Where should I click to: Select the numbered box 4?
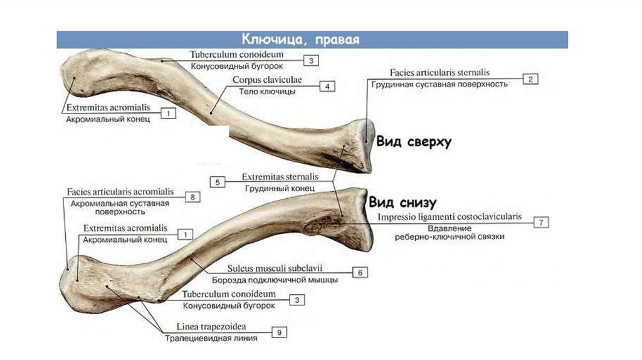(x=327, y=87)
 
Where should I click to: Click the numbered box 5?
(x=217, y=182)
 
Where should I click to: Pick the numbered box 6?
(x=360, y=272)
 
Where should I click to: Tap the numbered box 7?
(x=541, y=221)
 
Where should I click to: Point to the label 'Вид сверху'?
(x=414, y=142)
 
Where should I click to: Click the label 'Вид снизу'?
(x=402, y=202)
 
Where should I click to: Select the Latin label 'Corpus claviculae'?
(x=267, y=80)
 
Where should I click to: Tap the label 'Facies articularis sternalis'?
(x=439, y=73)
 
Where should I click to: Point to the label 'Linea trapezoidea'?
(x=211, y=327)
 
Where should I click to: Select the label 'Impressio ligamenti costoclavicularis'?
(x=449, y=216)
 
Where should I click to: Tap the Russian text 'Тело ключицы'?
(x=267, y=92)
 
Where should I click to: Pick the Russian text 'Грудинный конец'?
(x=280, y=188)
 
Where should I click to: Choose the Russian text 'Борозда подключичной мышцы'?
(x=275, y=279)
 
